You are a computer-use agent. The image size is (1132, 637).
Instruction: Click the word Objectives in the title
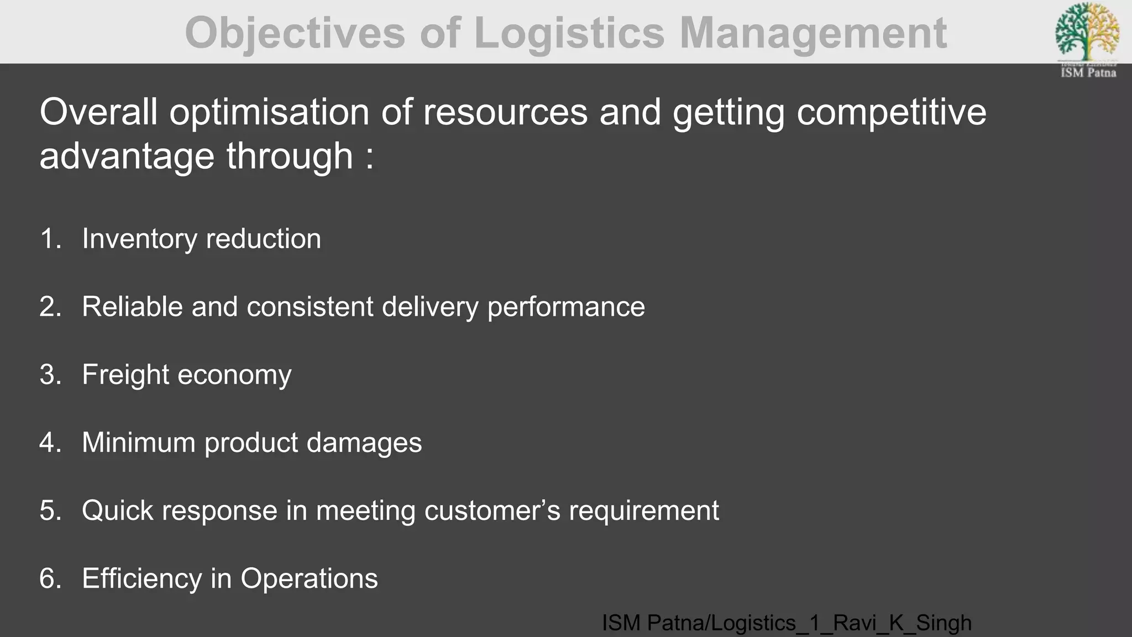click(295, 33)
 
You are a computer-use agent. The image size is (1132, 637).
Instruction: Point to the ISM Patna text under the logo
click(1088, 72)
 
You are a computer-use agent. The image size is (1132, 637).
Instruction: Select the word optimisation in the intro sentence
click(269, 112)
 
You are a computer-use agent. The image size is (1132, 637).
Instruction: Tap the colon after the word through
click(369, 157)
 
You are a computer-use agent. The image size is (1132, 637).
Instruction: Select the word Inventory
click(139, 239)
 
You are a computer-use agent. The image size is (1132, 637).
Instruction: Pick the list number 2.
click(50, 307)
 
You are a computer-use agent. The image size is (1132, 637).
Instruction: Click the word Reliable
click(132, 307)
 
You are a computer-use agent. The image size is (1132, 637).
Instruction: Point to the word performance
click(566, 307)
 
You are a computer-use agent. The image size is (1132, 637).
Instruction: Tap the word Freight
click(125, 375)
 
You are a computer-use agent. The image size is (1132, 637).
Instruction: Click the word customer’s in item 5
click(492, 510)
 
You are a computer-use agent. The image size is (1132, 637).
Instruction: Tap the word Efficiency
click(142, 579)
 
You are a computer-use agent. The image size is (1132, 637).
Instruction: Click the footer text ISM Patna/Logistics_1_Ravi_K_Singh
click(786, 623)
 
